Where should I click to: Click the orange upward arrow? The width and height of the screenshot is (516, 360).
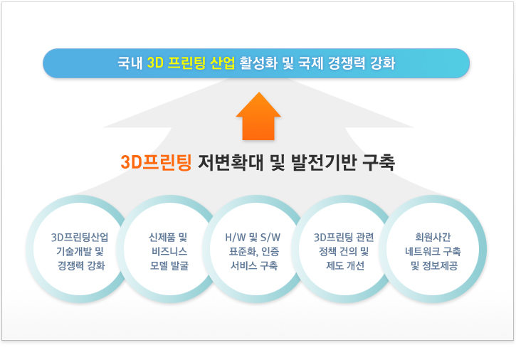click(258, 117)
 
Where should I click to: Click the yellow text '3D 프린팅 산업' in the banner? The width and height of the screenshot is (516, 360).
click(191, 63)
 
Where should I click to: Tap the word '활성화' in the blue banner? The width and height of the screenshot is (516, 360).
click(258, 63)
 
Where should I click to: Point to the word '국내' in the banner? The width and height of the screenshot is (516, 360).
click(130, 63)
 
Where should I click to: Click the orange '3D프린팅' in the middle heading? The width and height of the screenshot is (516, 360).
click(156, 162)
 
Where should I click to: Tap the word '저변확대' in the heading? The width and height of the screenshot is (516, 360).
click(231, 162)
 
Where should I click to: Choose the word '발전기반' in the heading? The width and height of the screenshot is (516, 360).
click(324, 162)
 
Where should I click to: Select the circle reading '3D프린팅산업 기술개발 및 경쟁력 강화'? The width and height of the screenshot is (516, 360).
click(79, 249)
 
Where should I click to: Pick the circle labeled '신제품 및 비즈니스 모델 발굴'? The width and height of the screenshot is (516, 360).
click(169, 249)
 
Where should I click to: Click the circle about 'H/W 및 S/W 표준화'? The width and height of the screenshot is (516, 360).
click(256, 249)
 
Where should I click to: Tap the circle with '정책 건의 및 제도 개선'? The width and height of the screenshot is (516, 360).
click(344, 249)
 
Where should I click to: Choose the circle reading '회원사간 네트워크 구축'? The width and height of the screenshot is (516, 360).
click(433, 249)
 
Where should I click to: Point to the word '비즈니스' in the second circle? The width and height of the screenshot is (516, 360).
click(169, 251)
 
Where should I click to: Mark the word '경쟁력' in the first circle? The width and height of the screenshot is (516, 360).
click(70, 265)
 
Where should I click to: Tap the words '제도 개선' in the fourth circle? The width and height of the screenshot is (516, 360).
click(345, 265)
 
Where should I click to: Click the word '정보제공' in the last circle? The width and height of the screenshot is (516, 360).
click(440, 265)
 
